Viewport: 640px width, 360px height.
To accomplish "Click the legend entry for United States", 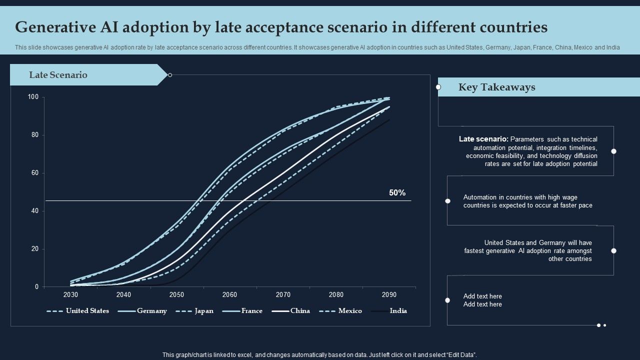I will [x=87, y=311].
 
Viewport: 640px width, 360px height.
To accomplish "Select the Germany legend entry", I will [x=152, y=311].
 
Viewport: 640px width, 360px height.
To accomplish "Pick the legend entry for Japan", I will [x=203, y=311].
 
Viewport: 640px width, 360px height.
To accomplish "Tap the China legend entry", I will [x=300, y=311].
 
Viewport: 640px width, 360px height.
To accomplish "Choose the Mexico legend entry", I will [x=350, y=311].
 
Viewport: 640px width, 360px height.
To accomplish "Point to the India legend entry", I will [x=398, y=311].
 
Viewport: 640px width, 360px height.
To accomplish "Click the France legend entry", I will [x=251, y=311].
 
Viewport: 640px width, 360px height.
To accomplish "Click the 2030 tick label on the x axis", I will [x=70, y=294].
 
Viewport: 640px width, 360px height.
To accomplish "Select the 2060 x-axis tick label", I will [x=229, y=294].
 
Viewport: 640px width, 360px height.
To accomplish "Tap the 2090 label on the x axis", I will [x=389, y=294].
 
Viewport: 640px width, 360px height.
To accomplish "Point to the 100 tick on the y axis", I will [x=33, y=97].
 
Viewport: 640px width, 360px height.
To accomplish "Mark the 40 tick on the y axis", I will [x=34, y=211].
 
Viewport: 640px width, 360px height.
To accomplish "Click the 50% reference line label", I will [x=397, y=193].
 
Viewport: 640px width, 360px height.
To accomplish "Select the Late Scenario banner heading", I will [x=58, y=75].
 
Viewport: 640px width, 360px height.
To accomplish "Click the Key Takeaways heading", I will [x=496, y=87].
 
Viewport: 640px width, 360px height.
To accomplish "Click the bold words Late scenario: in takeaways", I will [x=483, y=139].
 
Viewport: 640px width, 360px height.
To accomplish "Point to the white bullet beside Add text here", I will [x=447, y=300].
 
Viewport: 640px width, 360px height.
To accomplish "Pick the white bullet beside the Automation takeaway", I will [x=448, y=201].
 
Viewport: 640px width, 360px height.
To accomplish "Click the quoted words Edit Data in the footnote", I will [x=459, y=355].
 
